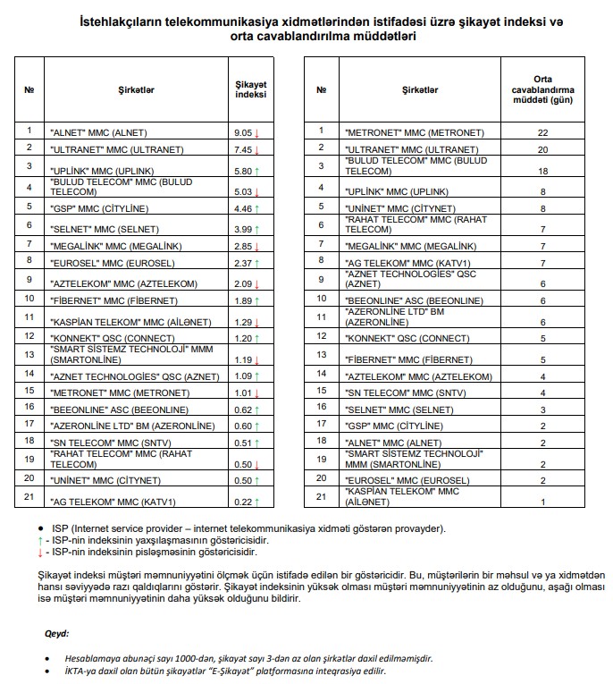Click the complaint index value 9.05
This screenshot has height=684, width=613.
coord(243,132)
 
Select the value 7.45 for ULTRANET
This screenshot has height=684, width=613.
coord(243,149)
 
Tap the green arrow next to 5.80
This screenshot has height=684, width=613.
coord(256,170)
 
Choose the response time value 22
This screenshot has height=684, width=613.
coord(542,132)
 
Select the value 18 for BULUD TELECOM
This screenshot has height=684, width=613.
coord(542,169)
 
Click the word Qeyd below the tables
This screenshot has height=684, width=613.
coord(57,633)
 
